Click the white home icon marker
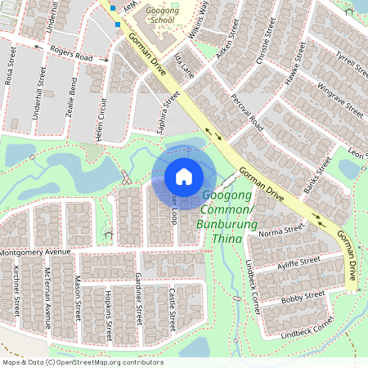184,177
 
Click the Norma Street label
280,232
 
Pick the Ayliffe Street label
298,262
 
